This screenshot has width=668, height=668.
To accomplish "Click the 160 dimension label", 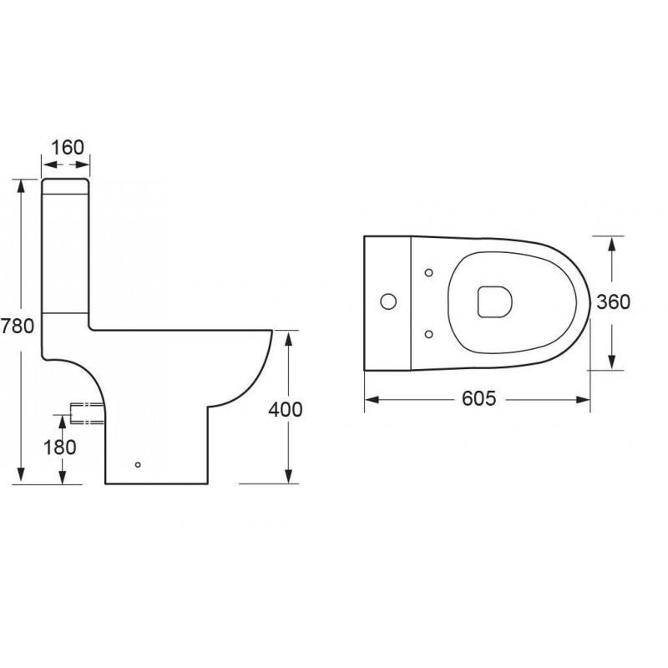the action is [68, 148].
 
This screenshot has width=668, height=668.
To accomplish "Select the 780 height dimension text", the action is [17, 326].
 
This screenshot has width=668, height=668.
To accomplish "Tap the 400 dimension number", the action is [286, 409].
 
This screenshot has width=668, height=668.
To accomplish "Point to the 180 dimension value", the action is [60, 448].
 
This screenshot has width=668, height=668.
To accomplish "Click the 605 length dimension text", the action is [479, 399].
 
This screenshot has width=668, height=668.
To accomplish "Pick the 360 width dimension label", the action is [614, 302].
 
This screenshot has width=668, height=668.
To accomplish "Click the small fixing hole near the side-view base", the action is [138, 464].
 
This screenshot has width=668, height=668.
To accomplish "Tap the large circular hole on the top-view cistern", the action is [388, 301].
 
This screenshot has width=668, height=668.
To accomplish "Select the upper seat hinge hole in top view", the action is [429, 273].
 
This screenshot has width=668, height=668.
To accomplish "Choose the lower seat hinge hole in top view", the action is [429, 335].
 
